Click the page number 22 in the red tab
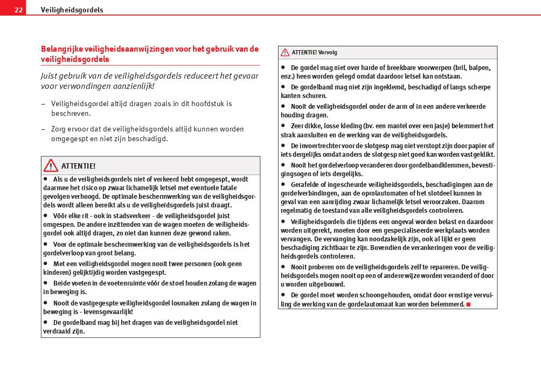(18, 10)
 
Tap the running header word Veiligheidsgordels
(72, 10)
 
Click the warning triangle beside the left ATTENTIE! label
(51, 165)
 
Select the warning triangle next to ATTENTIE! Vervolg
(285, 52)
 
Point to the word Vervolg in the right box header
(328, 53)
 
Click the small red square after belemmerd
(468, 304)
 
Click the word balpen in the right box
(480, 67)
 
